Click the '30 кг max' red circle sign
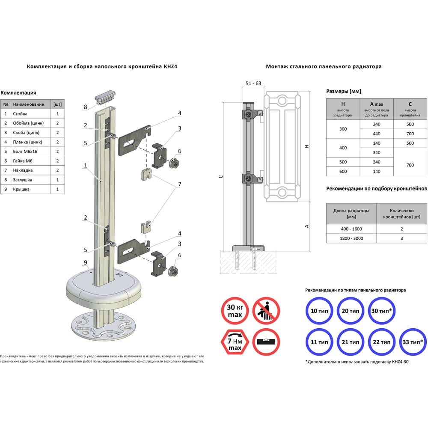(235, 311)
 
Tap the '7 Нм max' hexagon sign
(235, 342)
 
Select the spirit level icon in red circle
(266, 342)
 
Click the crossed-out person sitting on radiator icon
(266, 311)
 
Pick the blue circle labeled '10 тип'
(319, 311)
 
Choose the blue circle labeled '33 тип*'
(413, 342)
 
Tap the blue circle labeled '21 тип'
(351, 342)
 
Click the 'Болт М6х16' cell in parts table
(30, 152)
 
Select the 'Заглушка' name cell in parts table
(30, 180)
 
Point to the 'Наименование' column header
(28, 104)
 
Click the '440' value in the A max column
(376, 134)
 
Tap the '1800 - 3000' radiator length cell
(351, 238)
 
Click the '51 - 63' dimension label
(253, 83)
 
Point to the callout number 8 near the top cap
(86, 107)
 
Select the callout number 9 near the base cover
(86, 262)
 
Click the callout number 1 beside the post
(86, 165)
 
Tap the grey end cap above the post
(105, 97)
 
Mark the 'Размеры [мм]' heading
(343, 91)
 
